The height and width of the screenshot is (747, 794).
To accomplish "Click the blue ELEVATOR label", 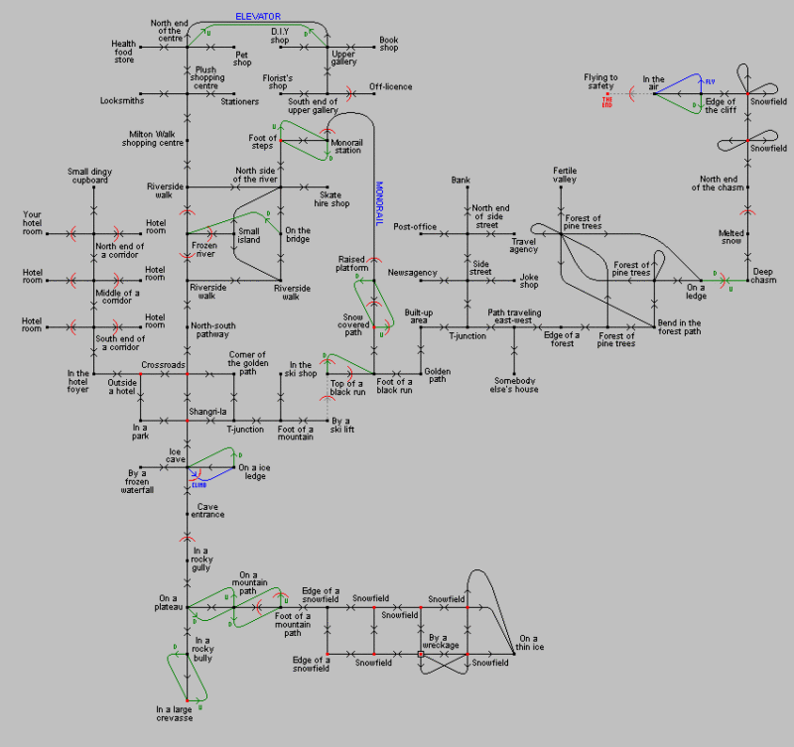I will pyautogui.click(x=258, y=17).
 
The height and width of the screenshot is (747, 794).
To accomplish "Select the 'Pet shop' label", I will pyautogui.click(x=242, y=59).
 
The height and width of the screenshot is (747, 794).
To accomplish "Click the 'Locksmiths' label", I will pyautogui.click(x=122, y=100).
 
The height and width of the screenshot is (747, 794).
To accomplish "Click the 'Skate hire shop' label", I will pyautogui.click(x=334, y=199).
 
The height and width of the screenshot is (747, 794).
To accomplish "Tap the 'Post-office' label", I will pyautogui.click(x=415, y=227).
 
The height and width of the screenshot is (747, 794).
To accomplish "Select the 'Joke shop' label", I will pyautogui.click(x=529, y=281).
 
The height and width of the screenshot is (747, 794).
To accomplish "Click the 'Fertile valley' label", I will pyautogui.click(x=565, y=176).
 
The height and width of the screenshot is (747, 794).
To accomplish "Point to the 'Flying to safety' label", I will pyautogui.click(x=600, y=81).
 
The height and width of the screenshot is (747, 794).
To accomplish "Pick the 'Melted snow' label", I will pyautogui.click(x=731, y=238).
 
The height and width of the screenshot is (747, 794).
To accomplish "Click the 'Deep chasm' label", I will pyautogui.click(x=763, y=276).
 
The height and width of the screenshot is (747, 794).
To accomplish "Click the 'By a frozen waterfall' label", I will pyautogui.click(x=138, y=481).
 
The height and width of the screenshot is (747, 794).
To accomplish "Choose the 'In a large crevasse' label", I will pyautogui.click(x=175, y=713).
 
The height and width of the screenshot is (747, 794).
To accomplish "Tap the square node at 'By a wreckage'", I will pyautogui.click(x=421, y=655).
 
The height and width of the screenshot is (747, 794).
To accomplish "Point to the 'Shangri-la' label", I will pyautogui.click(x=207, y=411).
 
